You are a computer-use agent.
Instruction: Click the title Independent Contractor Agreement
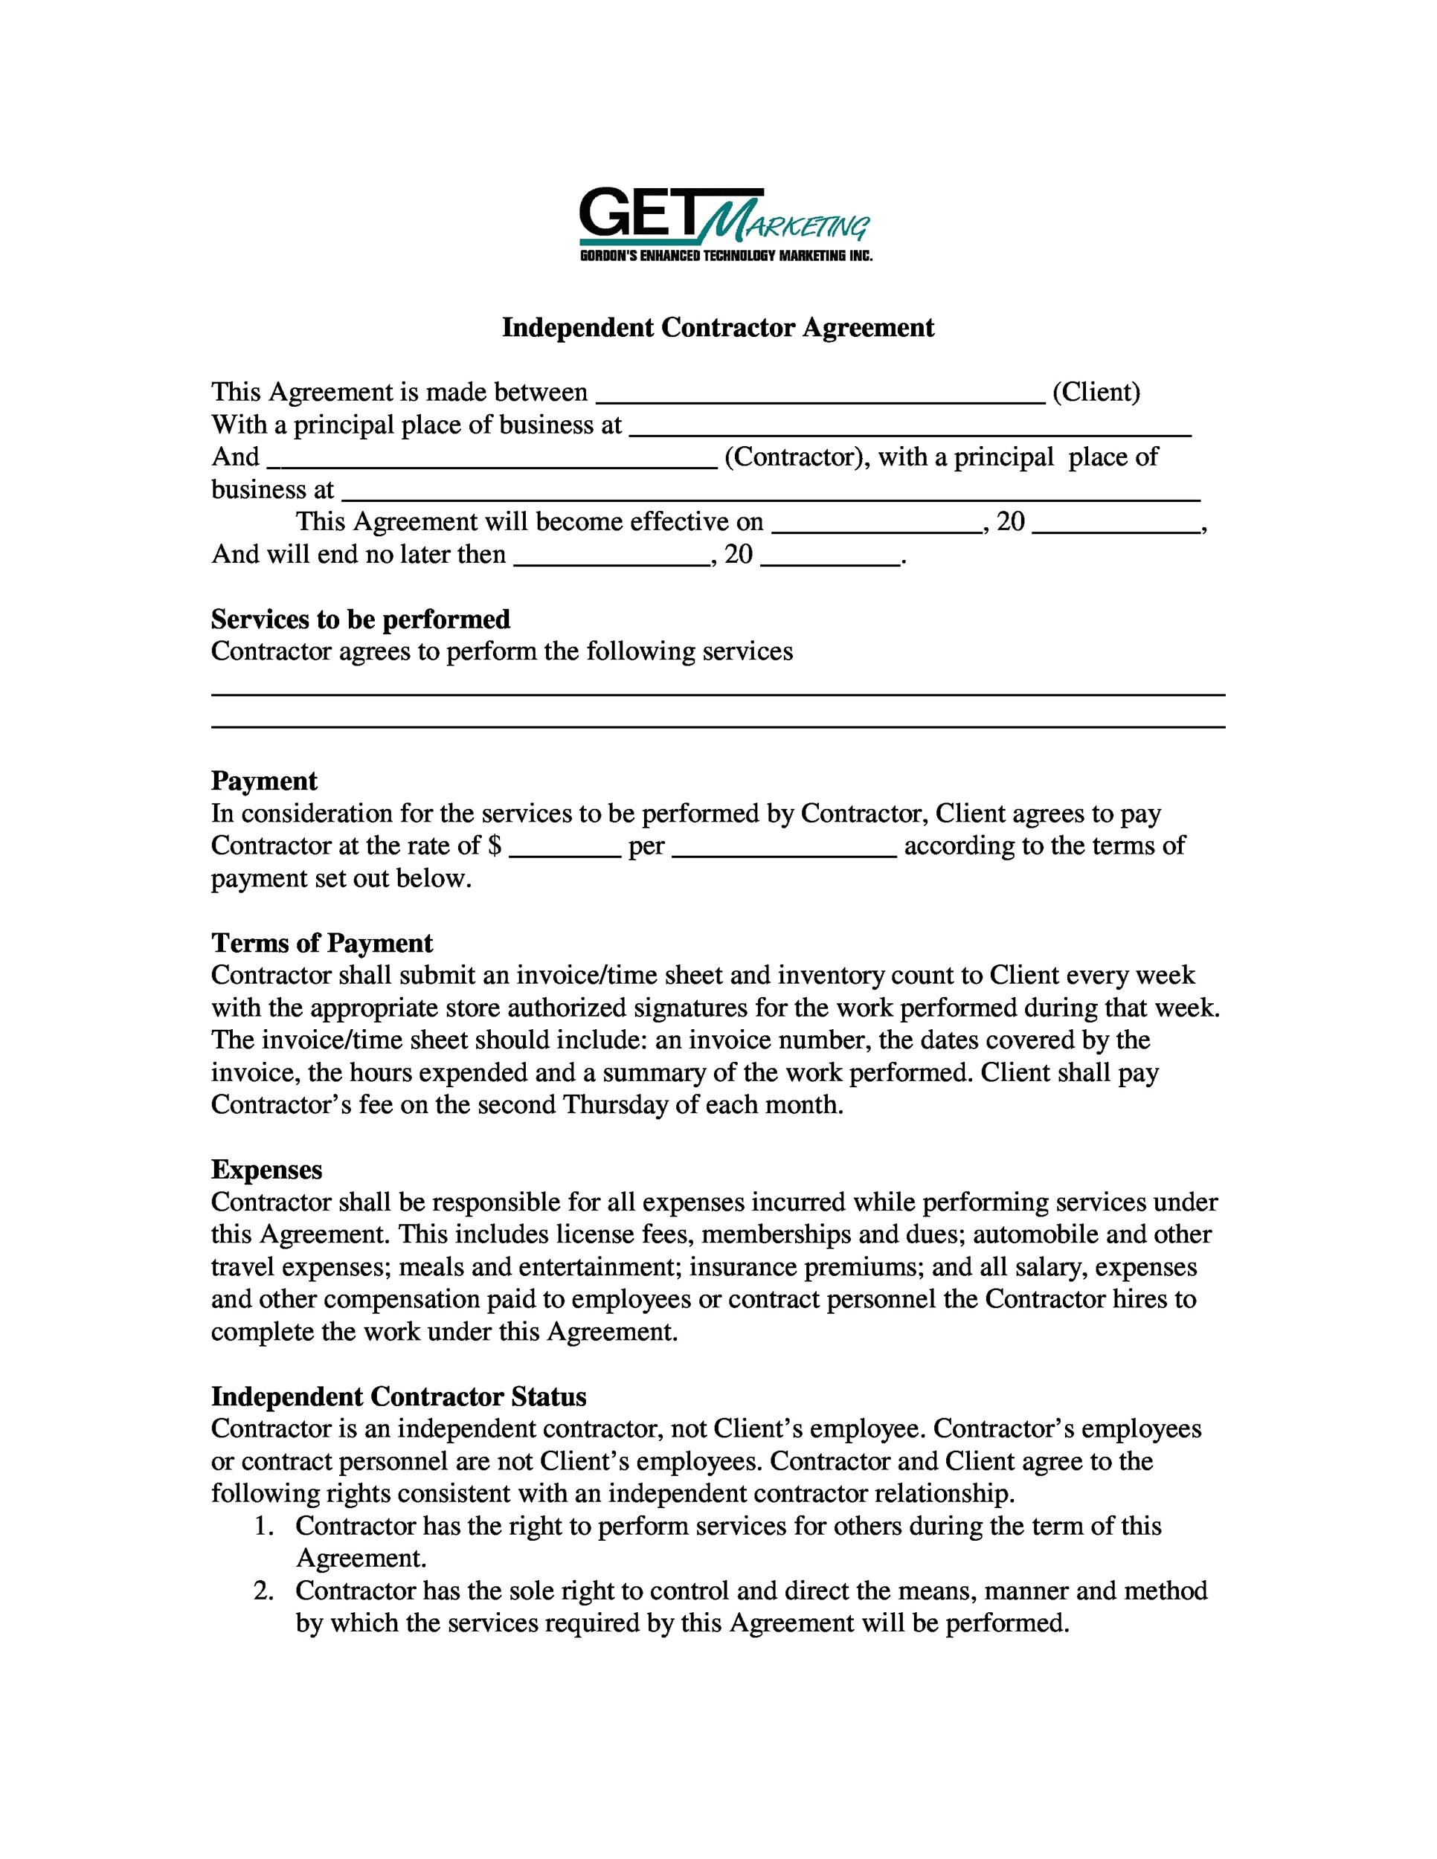coord(718,328)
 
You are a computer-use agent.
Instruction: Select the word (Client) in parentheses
coord(1096,392)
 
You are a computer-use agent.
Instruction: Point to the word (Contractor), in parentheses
coord(797,457)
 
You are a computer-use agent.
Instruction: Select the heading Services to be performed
coord(360,619)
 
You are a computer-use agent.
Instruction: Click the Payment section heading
coord(264,781)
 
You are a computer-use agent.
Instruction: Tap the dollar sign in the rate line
coord(495,845)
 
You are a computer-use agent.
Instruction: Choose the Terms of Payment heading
coord(322,942)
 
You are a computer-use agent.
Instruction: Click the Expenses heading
coord(266,1170)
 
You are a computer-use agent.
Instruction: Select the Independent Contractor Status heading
coord(399,1396)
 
